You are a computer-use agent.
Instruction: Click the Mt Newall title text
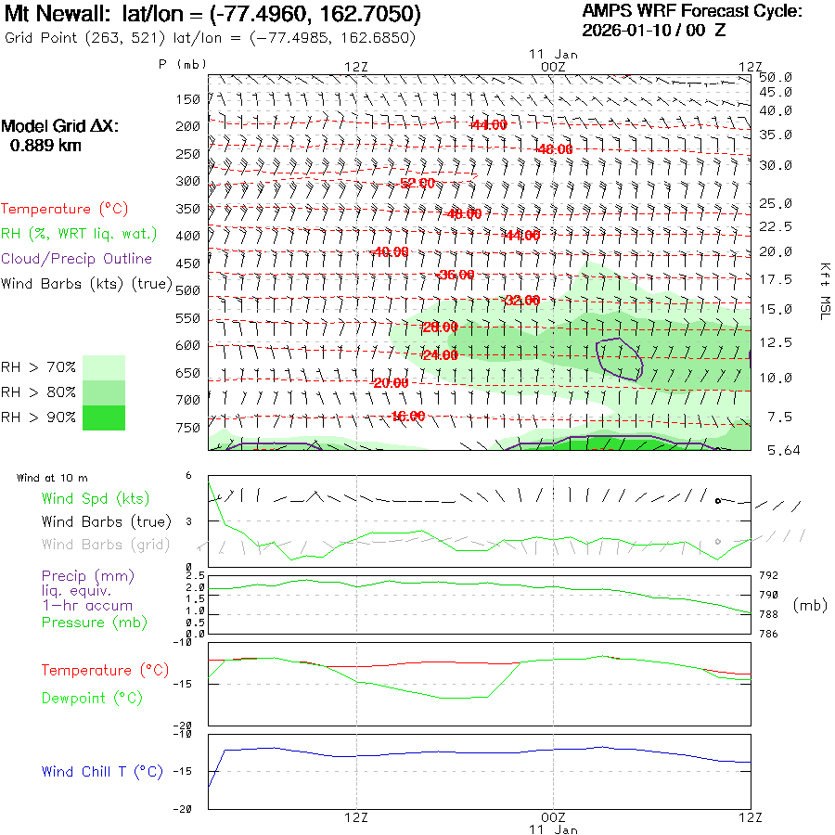(x=213, y=15)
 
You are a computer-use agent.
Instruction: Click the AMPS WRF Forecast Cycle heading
(x=691, y=11)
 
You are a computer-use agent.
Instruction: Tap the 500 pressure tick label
(x=188, y=290)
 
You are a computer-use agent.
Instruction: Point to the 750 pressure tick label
(x=188, y=428)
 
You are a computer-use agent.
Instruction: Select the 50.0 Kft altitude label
(x=775, y=77)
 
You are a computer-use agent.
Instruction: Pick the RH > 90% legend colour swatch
(x=104, y=417)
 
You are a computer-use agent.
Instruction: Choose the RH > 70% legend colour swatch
(x=104, y=367)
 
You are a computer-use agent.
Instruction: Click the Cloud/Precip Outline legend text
(x=77, y=259)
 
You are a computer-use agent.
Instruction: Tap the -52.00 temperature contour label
(x=417, y=183)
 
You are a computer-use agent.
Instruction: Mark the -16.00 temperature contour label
(x=408, y=416)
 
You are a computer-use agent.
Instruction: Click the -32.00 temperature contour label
(x=520, y=300)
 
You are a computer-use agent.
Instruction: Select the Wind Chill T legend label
(x=102, y=771)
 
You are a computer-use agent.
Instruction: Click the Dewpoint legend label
(x=92, y=698)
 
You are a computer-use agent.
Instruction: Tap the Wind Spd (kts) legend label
(x=95, y=499)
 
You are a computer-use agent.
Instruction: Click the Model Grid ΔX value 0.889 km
(x=45, y=145)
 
